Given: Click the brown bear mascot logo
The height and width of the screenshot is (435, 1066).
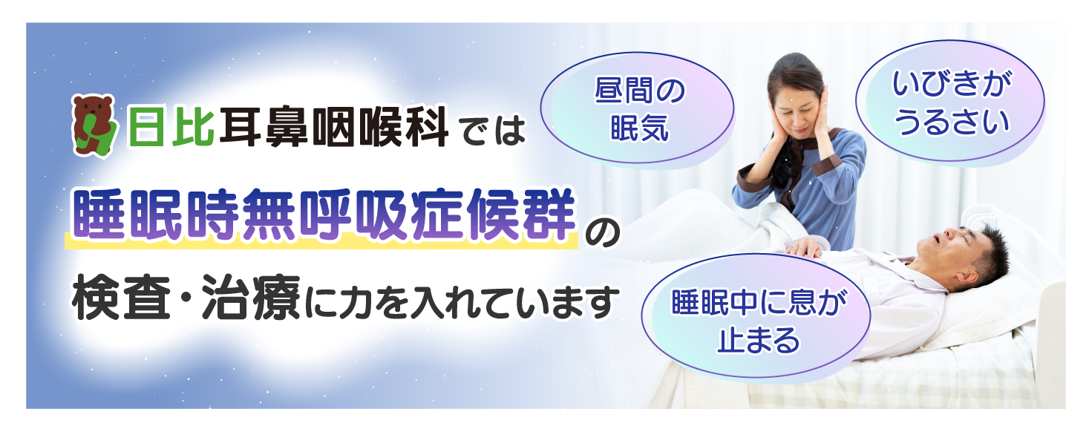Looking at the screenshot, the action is (94, 125).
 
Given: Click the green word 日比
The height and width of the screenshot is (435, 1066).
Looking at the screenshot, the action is (171, 127).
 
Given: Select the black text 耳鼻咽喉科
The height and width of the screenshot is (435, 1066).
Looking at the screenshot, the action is (333, 127).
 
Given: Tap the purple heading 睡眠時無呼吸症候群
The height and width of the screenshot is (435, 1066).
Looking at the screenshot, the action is (324, 215).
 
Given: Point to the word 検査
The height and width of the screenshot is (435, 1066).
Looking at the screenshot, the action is (121, 298).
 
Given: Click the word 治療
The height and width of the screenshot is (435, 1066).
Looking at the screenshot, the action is (251, 298).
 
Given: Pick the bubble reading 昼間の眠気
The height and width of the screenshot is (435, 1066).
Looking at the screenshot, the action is (637, 108).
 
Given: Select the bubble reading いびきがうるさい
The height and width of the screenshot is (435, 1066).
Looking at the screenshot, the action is (950, 101).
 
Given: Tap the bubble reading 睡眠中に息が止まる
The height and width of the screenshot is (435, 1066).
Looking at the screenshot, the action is (756, 316).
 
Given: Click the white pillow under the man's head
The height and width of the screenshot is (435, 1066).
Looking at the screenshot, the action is (995, 304).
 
